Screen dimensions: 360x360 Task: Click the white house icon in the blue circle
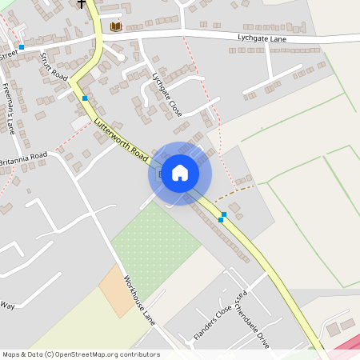[x=180, y=172]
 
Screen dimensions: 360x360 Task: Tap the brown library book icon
[x=117, y=27]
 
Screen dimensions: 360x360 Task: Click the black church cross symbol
[x=82, y=3]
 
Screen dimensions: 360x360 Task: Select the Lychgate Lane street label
[x=262, y=38]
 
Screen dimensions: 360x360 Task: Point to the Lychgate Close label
[x=167, y=94]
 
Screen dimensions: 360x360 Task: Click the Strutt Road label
[x=54, y=63]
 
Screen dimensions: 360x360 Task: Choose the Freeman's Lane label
[x=9, y=108]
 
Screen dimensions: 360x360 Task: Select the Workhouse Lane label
[x=139, y=300]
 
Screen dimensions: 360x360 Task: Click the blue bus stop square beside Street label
[x=22, y=47]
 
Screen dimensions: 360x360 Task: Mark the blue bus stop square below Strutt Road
[x=85, y=98]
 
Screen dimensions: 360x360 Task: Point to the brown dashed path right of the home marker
[x=237, y=191]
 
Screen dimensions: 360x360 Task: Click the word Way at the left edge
[x=7, y=306]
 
